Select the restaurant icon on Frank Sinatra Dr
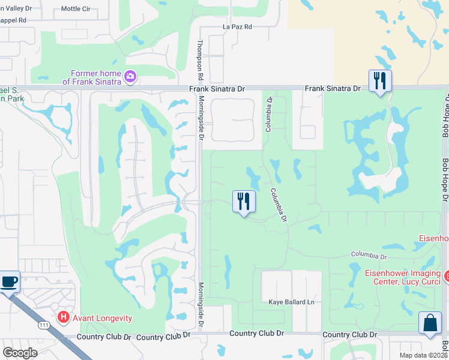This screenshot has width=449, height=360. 379,80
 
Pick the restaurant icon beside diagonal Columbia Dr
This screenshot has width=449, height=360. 244,201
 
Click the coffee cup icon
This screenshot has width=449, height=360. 9,281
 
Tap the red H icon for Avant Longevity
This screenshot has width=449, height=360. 63,317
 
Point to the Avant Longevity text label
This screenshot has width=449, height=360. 102,318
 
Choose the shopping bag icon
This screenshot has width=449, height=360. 430,323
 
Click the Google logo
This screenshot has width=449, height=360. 20,353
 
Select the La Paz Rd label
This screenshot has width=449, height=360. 237,27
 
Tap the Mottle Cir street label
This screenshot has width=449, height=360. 75,10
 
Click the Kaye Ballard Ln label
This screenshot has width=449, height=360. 291,302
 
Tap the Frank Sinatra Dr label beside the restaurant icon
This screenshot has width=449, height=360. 332,88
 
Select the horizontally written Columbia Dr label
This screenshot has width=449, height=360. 369,256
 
